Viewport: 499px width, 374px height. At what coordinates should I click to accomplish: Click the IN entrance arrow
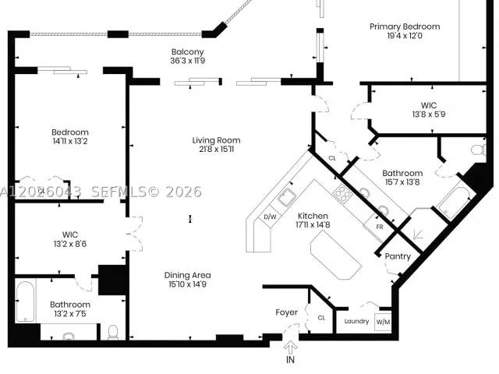click(x=290, y=347)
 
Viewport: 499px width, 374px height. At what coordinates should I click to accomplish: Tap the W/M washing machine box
click(x=383, y=322)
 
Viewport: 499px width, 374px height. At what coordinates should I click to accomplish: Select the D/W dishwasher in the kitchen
click(x=270, y=217)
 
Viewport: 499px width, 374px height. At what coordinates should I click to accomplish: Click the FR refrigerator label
click(x=380, y=227)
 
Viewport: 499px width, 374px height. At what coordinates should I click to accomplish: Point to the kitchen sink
click(x=287, y=197)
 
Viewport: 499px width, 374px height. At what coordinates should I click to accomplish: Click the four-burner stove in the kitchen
click(x=342, y=193)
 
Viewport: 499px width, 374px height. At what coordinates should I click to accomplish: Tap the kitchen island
click(x=336, y=255)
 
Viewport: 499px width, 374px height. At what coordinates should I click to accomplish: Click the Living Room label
click(x=216, y=140)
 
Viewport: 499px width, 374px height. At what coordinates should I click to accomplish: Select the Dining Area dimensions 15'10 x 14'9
click(x=187, y=284)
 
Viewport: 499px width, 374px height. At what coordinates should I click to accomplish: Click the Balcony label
click(x=187, y=52)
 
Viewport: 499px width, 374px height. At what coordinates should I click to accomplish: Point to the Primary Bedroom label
click(x=405, y=26)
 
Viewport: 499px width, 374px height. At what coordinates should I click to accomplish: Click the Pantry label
click(x=398, y=256)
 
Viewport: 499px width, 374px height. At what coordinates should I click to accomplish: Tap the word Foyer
click(x=286, y=312)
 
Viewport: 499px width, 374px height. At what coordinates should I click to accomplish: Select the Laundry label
click(x=356, y=322)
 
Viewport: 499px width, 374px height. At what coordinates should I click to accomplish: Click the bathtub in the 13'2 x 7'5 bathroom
click(x=25, y=302)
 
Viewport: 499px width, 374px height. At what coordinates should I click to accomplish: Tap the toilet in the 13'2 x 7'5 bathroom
click(x=113, y=332)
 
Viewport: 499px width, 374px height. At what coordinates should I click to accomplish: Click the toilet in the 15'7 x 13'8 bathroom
click(x=479, y=150)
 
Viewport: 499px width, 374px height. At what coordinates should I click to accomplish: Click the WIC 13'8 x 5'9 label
click(x=429, y=110)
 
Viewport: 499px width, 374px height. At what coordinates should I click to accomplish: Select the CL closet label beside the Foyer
click(x=321, y=318)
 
